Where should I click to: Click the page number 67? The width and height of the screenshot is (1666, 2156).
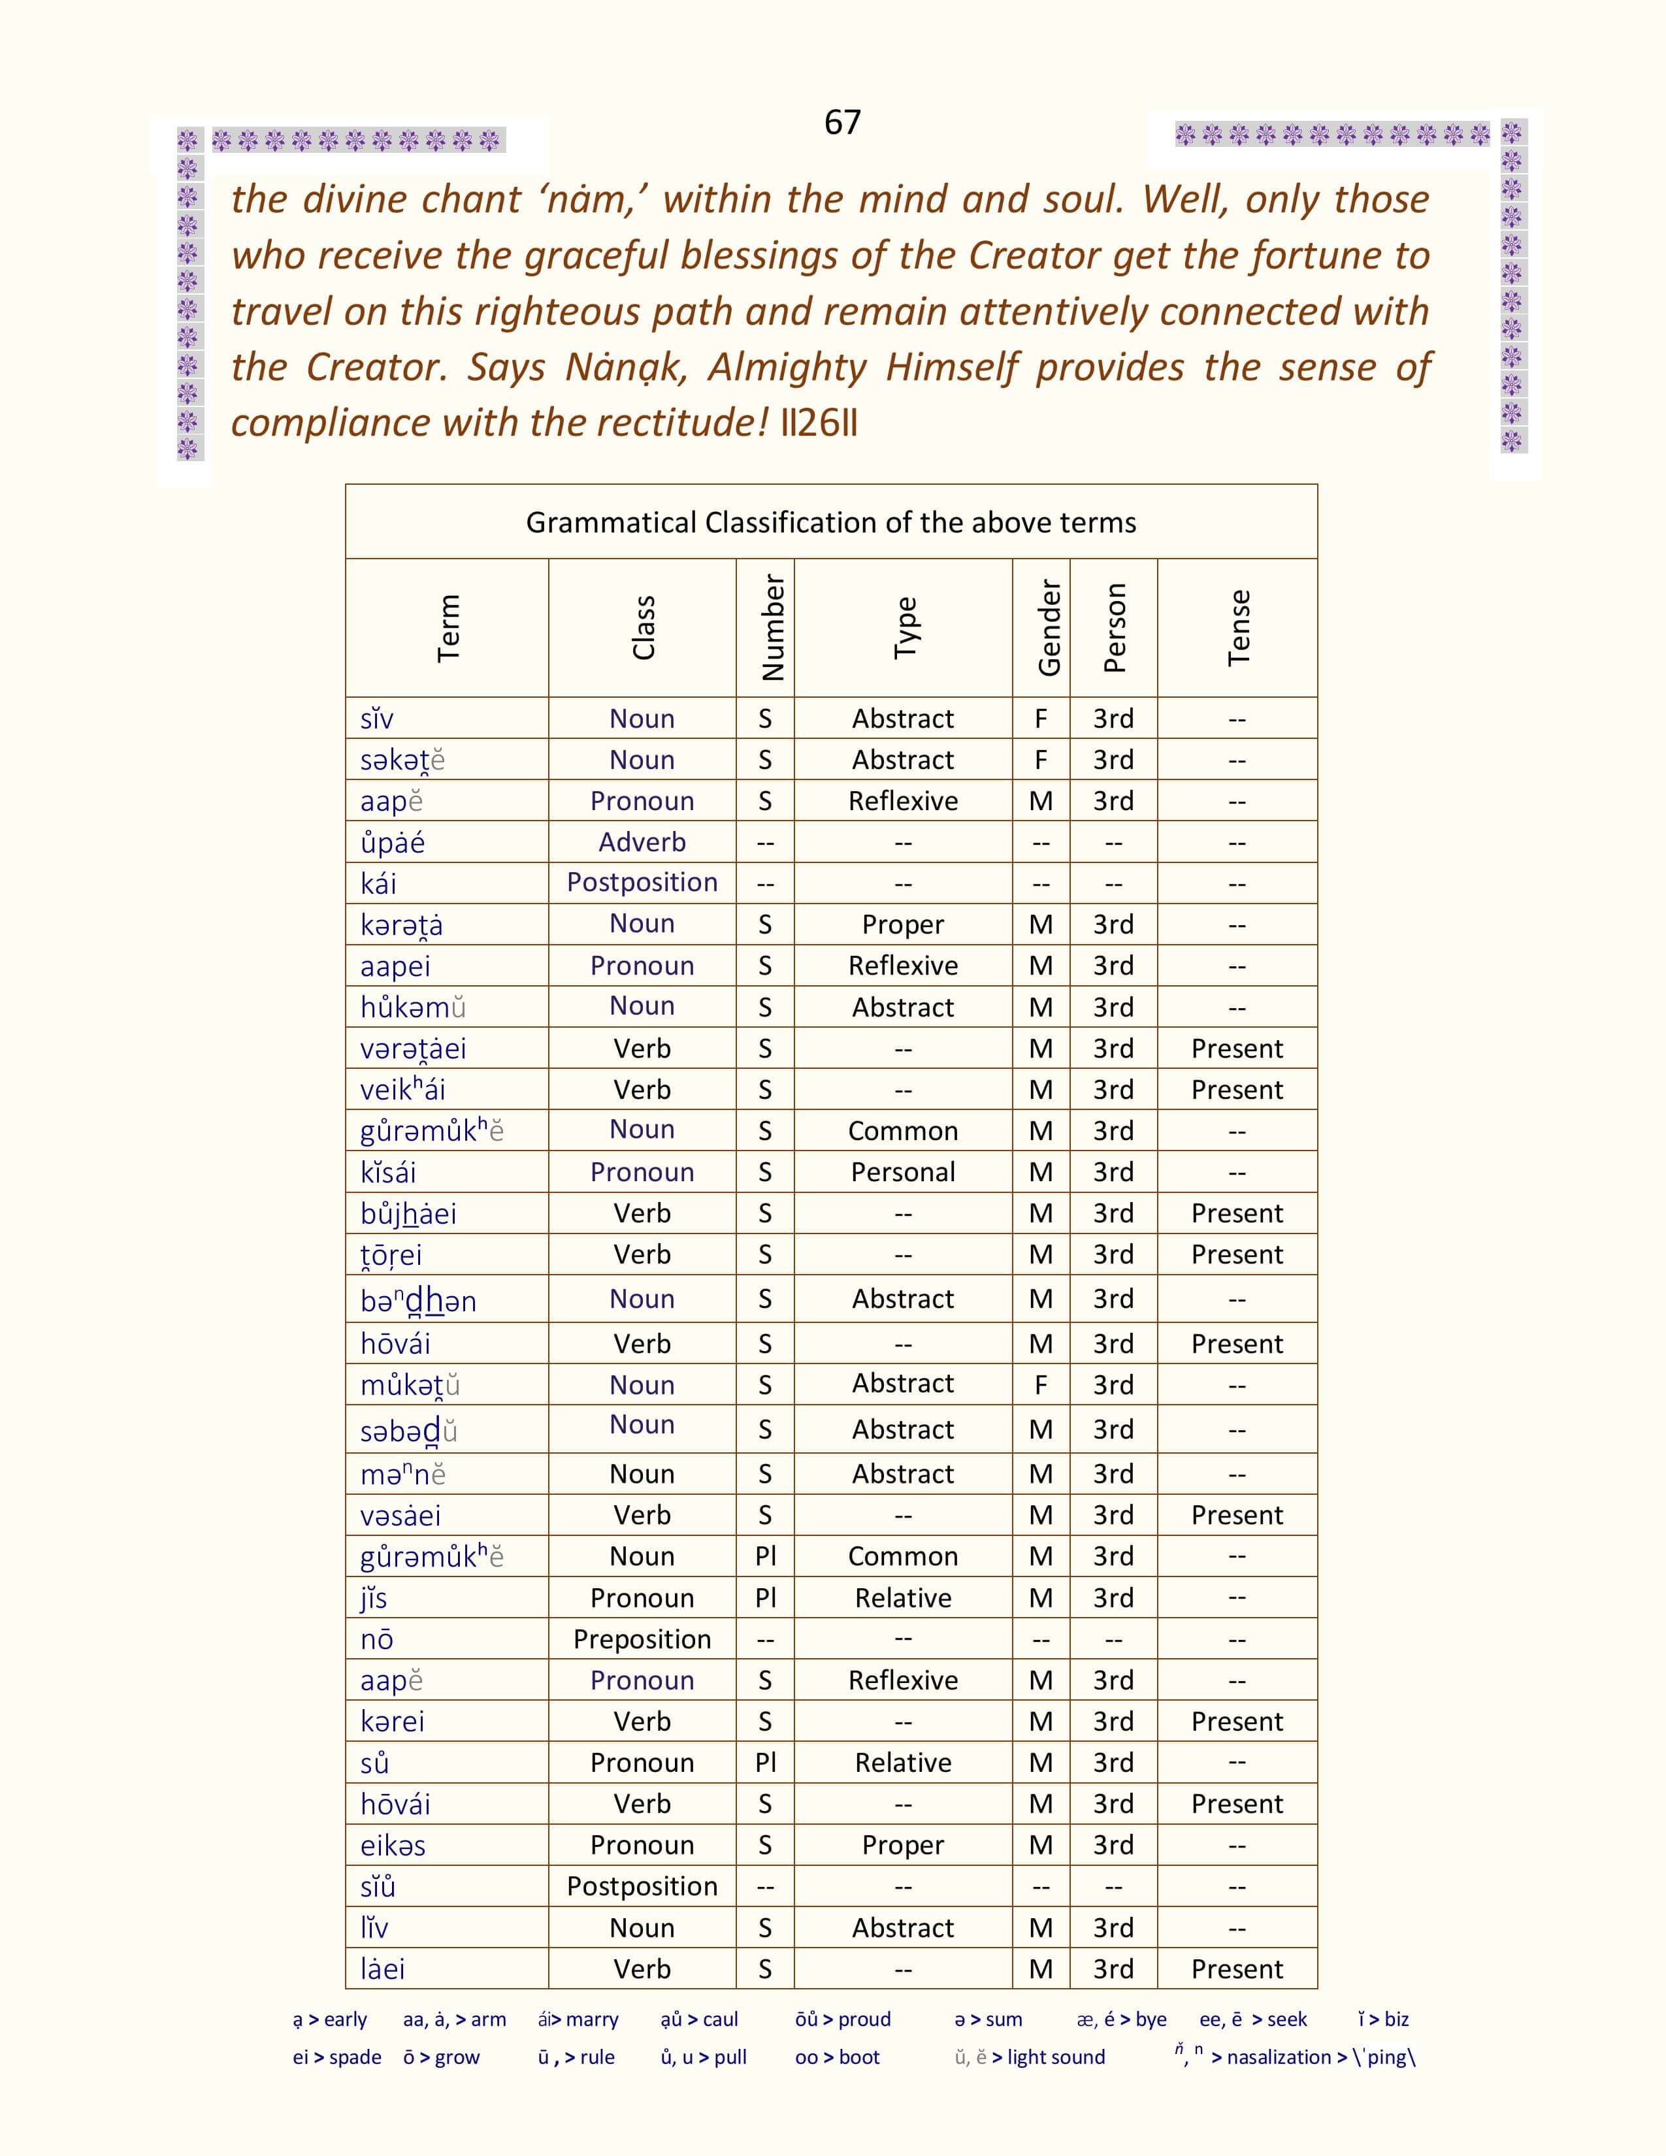pos(842,122)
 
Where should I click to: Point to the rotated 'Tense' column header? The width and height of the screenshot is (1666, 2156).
pos(1237,628)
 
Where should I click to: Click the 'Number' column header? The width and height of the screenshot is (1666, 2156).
pos(773,628)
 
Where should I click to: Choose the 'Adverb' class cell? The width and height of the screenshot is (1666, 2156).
pos(642,842)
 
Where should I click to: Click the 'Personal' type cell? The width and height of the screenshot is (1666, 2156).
pos(902,1172)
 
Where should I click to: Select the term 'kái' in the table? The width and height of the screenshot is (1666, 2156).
pos(378,883)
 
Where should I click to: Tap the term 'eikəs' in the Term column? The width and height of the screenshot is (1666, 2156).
pos(393,1845)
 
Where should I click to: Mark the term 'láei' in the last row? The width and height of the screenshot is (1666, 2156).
pos(382,1969)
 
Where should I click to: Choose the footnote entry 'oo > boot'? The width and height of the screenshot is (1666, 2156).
pos(837,2057)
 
